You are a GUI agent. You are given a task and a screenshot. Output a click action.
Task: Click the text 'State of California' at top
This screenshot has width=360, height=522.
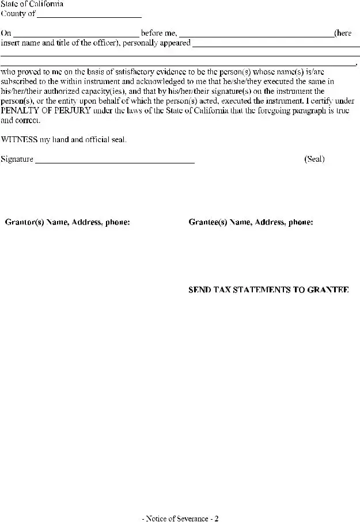[x=32, y=4]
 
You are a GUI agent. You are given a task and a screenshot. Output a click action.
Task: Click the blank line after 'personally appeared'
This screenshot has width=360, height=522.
[x=276, y=45]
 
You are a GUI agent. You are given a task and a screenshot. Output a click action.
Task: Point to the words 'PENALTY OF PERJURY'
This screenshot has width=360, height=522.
[x=46, y=111]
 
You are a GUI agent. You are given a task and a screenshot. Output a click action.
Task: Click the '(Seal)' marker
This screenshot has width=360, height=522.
[x=314, y=159]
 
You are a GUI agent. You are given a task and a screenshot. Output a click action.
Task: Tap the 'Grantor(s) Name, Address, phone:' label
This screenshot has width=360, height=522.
[x=67, y=222]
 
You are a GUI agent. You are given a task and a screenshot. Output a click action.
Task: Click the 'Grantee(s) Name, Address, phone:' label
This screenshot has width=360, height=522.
[x=251, y=222]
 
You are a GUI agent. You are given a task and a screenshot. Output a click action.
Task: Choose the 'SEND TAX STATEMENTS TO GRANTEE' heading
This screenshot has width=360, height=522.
[x=268, y=290]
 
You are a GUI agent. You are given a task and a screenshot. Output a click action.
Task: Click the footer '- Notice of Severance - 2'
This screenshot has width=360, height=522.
[x=180, y=519]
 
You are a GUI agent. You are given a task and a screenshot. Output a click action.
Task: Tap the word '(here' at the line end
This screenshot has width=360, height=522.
[x=343, y=34]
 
